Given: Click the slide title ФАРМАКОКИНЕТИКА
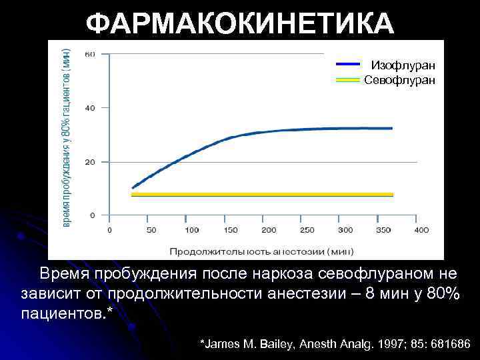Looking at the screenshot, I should (x=240, y=25).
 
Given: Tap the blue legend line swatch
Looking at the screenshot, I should (x=348, y=65).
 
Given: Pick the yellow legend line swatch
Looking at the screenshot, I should (x=348, y=80).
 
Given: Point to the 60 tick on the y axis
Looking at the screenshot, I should (x=89, y=54).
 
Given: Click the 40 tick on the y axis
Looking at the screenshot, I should (x=89, y=107).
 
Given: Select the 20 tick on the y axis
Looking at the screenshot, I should (x=89, y=162).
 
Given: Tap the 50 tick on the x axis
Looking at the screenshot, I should (x=151, y=230).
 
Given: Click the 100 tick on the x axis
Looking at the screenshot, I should (x=191, y=230).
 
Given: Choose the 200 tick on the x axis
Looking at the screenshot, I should (x=269, y=230).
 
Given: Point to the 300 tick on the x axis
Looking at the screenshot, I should (x=345, y=230).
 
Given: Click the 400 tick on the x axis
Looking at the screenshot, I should (x=421, y=230).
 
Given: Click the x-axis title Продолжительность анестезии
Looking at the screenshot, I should (x=261, y=251).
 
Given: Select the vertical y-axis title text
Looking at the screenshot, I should (x=67, y=130).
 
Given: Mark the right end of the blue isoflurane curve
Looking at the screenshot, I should (x=391, y=128).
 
